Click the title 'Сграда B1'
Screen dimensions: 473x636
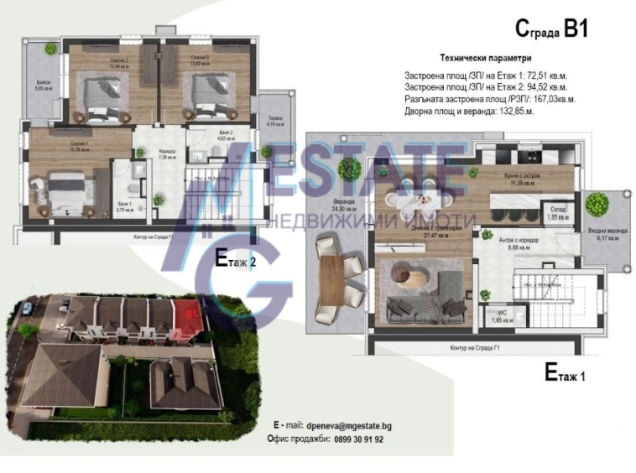(550, 30)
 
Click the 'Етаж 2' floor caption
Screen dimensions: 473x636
(236, 258)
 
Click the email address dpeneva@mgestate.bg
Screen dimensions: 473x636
(347, 426)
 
